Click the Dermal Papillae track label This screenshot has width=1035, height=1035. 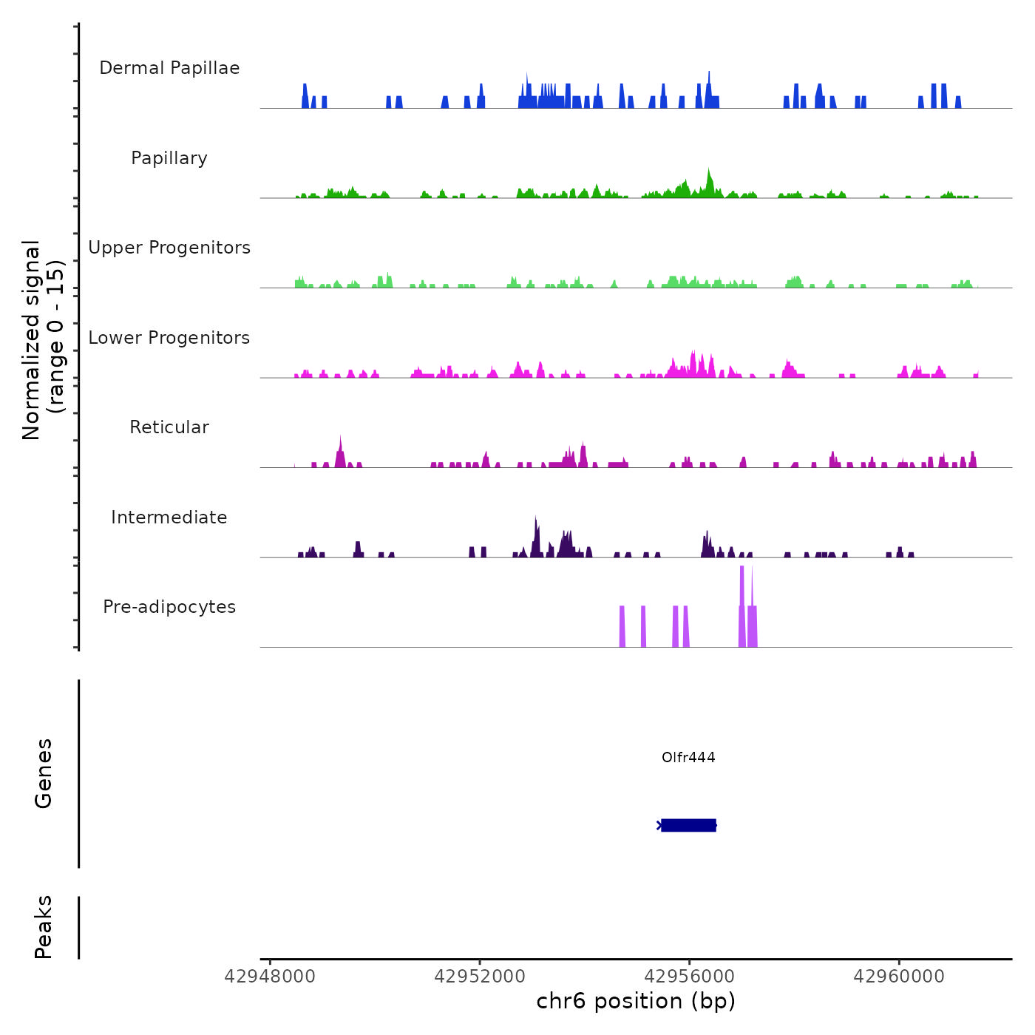click(169, 68)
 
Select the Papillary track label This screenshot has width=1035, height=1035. click(169, 158)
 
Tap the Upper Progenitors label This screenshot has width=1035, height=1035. click(169, 248)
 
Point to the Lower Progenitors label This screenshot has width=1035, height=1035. click(169, 338)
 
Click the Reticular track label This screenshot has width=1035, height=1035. click(169, 427)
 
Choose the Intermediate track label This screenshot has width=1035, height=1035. click(169, 517)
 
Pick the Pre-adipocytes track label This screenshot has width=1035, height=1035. click(169, 607)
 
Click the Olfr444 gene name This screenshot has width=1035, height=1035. click(688, 757)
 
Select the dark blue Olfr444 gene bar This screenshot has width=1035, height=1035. click(688, 825)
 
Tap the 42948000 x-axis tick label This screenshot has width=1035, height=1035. click(270, 977)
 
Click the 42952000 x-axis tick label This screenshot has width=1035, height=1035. click(480, 977)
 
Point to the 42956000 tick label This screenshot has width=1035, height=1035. click(690, 977)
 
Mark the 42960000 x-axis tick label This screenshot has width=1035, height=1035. click(899, 977)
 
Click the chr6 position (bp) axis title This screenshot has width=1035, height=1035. click(636, 1001)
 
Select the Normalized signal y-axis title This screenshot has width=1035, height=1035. click(43, 340)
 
